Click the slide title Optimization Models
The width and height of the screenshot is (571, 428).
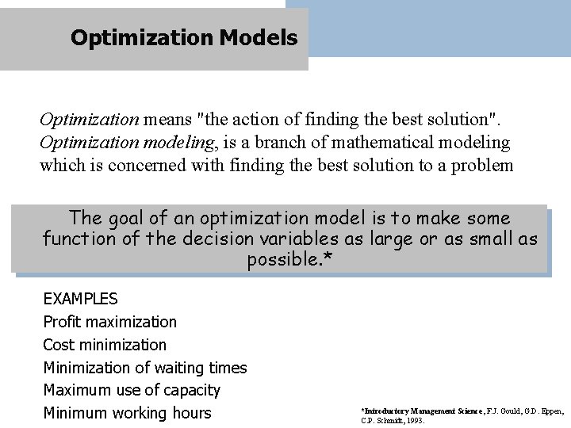[183, 37]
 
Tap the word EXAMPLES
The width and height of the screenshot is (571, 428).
[80, 299]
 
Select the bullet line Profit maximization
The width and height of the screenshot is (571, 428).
[109, 322]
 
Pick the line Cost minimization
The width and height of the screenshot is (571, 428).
[105, 345]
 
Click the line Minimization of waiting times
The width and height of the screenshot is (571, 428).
[144, 368]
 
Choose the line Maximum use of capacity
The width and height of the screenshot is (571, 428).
[132, 391]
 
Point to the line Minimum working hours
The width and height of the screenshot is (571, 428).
[127, 413]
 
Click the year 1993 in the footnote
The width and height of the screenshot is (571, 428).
[415, 421]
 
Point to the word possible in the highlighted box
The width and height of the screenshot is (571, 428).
[277, 259]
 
